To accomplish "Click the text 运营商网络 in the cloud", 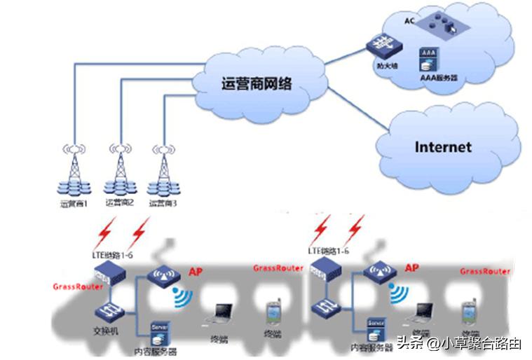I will point(256,85).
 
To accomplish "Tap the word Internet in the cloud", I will point(443,147).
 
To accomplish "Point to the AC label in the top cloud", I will point(410,20).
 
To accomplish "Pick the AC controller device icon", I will point(441,22).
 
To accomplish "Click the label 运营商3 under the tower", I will point(165,203).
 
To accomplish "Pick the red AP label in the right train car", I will point(411,268).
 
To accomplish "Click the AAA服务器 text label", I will point(433,78).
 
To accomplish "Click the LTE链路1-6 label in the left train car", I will point(112,251).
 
